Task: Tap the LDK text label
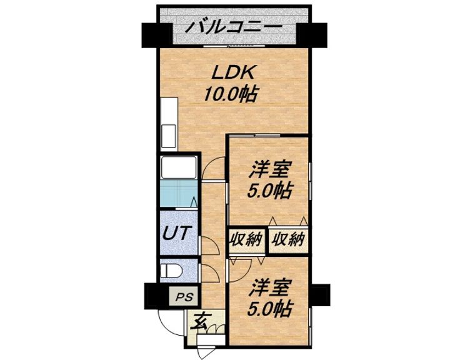[x=234, y=73]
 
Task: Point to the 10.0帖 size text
[x=231, y=95]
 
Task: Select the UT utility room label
[x=176, y=233]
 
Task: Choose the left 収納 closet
[x=246, y=239]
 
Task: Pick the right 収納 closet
[x=288, y=239]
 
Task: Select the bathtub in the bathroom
[x=179, y=168]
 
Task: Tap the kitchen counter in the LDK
[x=168, y=124]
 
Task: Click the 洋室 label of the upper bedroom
[x=272, y=169]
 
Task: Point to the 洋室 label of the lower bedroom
[x=272, y=289]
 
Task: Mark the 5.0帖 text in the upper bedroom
[x=271, y=191]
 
